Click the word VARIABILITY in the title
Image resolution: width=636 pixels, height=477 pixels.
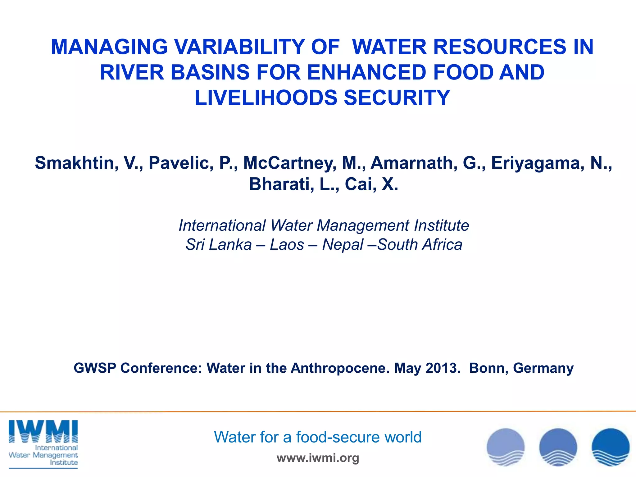tap(239, 47)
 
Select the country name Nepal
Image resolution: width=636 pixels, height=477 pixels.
tap(343, 244)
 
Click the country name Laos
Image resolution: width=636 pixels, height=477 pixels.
tap(287, 244)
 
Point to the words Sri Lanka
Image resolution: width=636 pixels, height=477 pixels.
tap(219, 244)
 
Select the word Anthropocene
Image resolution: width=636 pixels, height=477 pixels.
tap(340, 368)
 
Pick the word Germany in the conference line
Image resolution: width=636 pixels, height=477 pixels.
tap(543, 368)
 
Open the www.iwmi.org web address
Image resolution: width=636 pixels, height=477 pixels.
tap(318, 458)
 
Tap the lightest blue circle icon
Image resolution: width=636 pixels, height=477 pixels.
tap(506, 447)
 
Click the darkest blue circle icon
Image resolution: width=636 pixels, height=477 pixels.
tap(611, 447)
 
